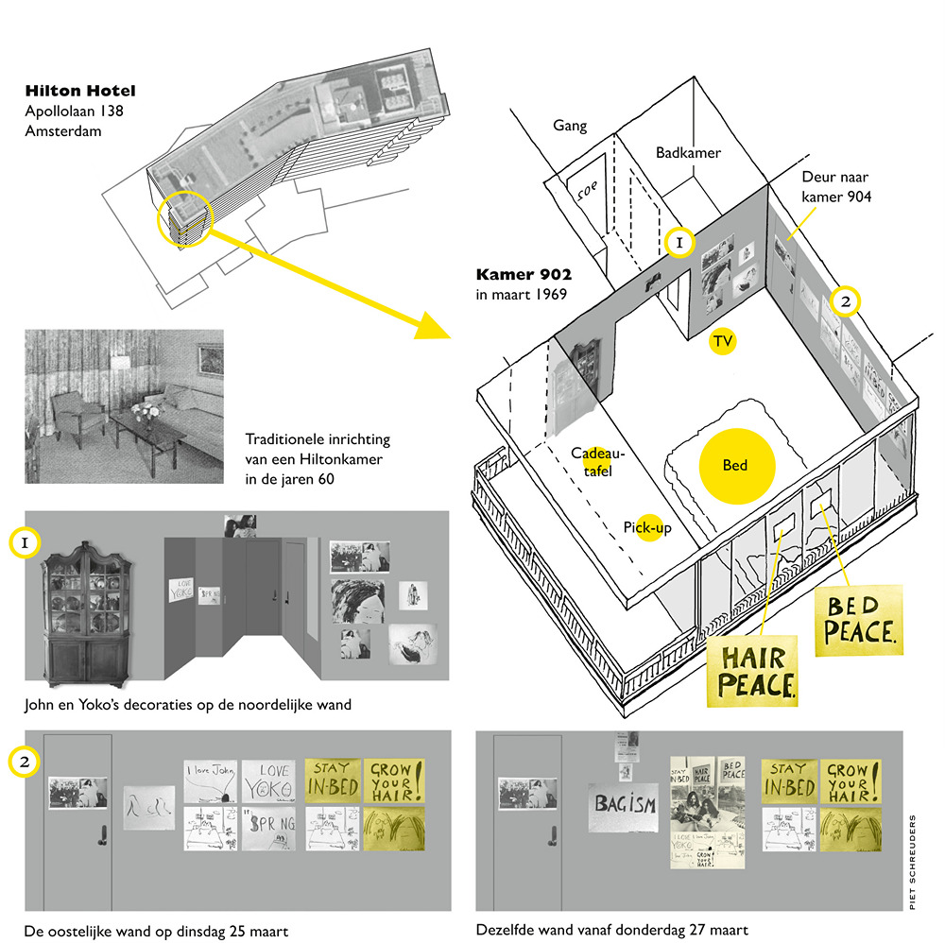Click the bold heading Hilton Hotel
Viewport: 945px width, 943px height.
pos(80,92)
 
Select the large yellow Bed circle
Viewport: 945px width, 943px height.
pos(736,465)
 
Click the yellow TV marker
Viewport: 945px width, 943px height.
pos(723,341)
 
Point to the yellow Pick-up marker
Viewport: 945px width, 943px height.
pos(648,528)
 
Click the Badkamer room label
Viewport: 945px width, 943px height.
pos(688,153)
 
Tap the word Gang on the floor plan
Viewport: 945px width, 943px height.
pos(571,126)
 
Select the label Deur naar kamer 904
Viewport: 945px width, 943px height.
pos(836,187)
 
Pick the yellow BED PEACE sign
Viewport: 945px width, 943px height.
pos(861,618)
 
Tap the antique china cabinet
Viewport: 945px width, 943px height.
pos(87,611)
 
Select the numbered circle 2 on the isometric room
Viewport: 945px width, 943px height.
pos(845,301)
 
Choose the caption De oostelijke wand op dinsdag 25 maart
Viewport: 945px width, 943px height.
pos(156,931)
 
